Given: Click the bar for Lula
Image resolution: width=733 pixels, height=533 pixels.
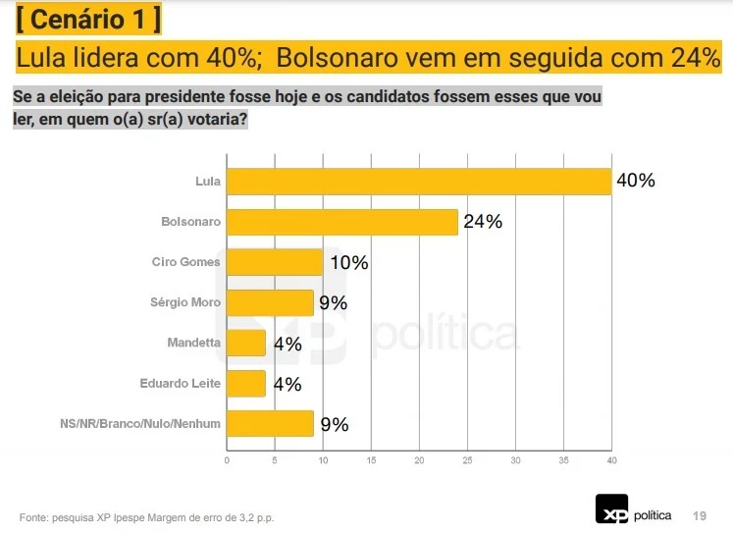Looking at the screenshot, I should tap(419, 182).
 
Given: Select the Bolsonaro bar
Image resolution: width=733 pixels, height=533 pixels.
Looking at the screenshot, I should tap(342, 222).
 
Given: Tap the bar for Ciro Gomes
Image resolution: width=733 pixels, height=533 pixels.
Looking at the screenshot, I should tap(275, 262).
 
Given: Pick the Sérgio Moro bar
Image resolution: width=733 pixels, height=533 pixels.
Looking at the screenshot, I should tap(270, 302).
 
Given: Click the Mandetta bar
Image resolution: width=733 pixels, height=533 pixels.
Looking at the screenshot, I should tap(246, 343).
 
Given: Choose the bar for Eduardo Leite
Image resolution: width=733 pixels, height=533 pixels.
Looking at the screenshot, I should tap(246, 383).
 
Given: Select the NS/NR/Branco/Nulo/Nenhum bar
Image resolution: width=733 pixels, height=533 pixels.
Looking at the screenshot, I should tap(270, 423).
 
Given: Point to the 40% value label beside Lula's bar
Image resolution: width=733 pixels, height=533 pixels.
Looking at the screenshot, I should tap(635, 181).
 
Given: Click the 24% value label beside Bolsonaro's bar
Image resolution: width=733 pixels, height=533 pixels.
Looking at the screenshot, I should tap(483, 222).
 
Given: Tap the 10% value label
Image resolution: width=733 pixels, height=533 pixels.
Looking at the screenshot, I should tap(348, 262).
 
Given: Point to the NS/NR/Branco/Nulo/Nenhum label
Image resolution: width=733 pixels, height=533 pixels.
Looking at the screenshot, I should tap(140, 424).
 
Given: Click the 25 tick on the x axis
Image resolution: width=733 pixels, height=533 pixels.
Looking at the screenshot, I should tap(467, 460).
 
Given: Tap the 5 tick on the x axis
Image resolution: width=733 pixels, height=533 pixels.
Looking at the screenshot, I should tap(275, 460).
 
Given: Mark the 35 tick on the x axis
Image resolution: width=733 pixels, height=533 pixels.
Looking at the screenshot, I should tap(563, 460).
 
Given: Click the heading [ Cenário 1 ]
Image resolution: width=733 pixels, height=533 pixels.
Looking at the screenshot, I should tap(89, 19).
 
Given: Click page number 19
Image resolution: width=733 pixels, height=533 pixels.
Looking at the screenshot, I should tap(700, 515).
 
